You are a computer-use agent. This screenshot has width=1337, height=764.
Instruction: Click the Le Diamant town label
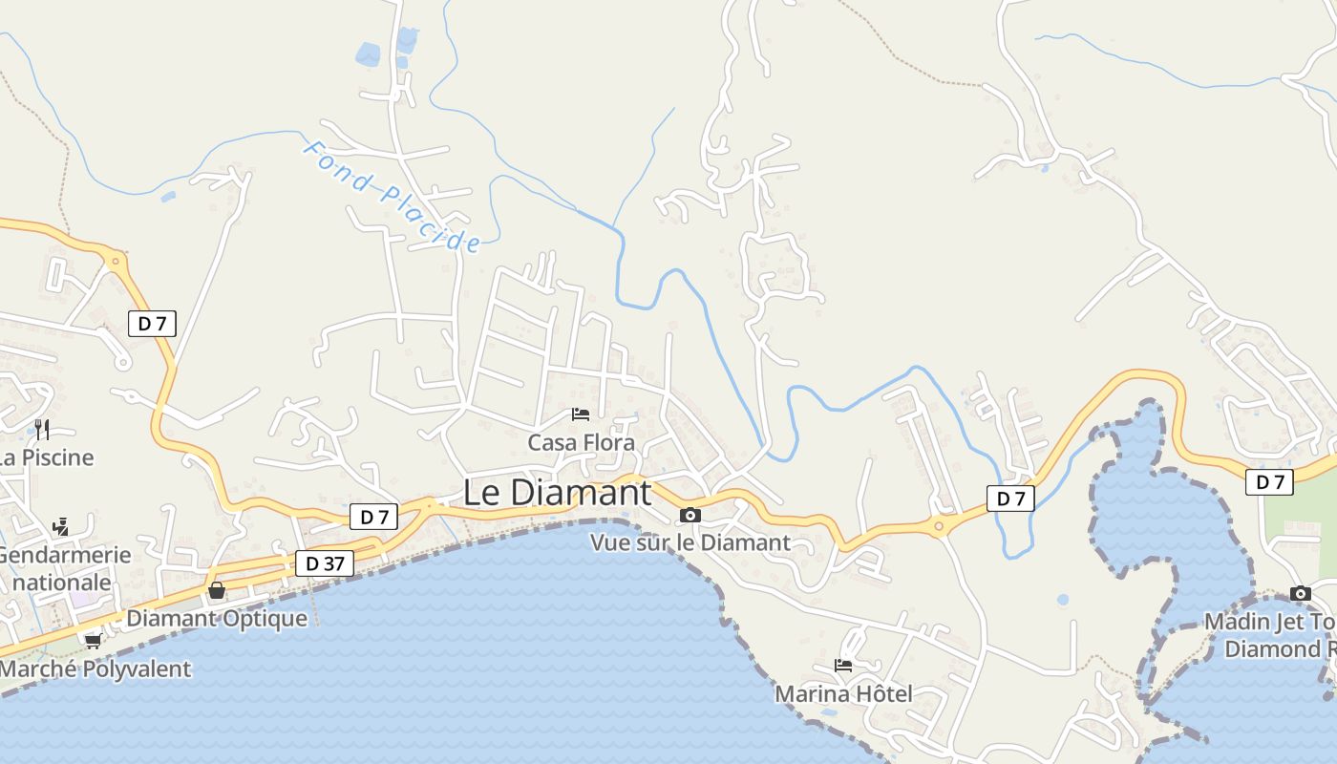(557, 493)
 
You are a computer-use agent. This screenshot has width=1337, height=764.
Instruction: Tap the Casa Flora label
(581, 443)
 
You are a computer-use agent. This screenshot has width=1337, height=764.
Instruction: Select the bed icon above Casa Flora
(580, 414)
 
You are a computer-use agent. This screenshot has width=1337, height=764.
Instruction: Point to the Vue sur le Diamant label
(690, 542)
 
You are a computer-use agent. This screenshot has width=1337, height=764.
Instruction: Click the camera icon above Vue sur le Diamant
(690, 516)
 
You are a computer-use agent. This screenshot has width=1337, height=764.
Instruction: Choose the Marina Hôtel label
(843, 693)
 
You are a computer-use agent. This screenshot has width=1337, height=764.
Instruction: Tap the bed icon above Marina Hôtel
(843, 666)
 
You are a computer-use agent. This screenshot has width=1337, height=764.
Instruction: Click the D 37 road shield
(325, 564)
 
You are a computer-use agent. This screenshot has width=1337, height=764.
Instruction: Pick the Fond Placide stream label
(392, 197)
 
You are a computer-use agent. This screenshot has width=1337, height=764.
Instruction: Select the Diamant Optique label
(217, 618)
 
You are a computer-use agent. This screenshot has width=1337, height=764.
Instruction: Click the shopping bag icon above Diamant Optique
(217, 590)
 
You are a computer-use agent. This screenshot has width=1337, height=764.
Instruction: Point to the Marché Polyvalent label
(95, 668)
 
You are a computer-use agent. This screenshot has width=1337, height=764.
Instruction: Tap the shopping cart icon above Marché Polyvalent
(93, 641)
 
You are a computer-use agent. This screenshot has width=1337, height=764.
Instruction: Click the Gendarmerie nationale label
(63, 568)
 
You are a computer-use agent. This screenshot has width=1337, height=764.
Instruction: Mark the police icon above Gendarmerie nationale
(60, 526)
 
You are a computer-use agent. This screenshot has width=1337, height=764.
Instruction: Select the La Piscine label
(46, 457)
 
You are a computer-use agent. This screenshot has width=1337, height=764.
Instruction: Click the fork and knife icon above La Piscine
(41, 429)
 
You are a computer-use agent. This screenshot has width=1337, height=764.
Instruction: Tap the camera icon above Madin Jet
(1300, 594)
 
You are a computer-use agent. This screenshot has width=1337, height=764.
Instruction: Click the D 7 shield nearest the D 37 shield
(373, 518)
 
